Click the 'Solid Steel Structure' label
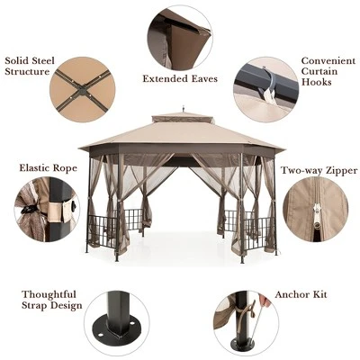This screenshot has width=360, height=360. [31, 67]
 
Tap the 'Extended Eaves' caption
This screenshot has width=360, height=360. [179, 78]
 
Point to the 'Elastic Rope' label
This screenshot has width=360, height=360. [47, 167]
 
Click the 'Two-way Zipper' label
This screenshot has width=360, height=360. [317, 170]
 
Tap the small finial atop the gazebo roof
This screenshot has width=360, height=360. [182, 111]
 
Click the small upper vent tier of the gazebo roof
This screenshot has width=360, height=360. [182, 118]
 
